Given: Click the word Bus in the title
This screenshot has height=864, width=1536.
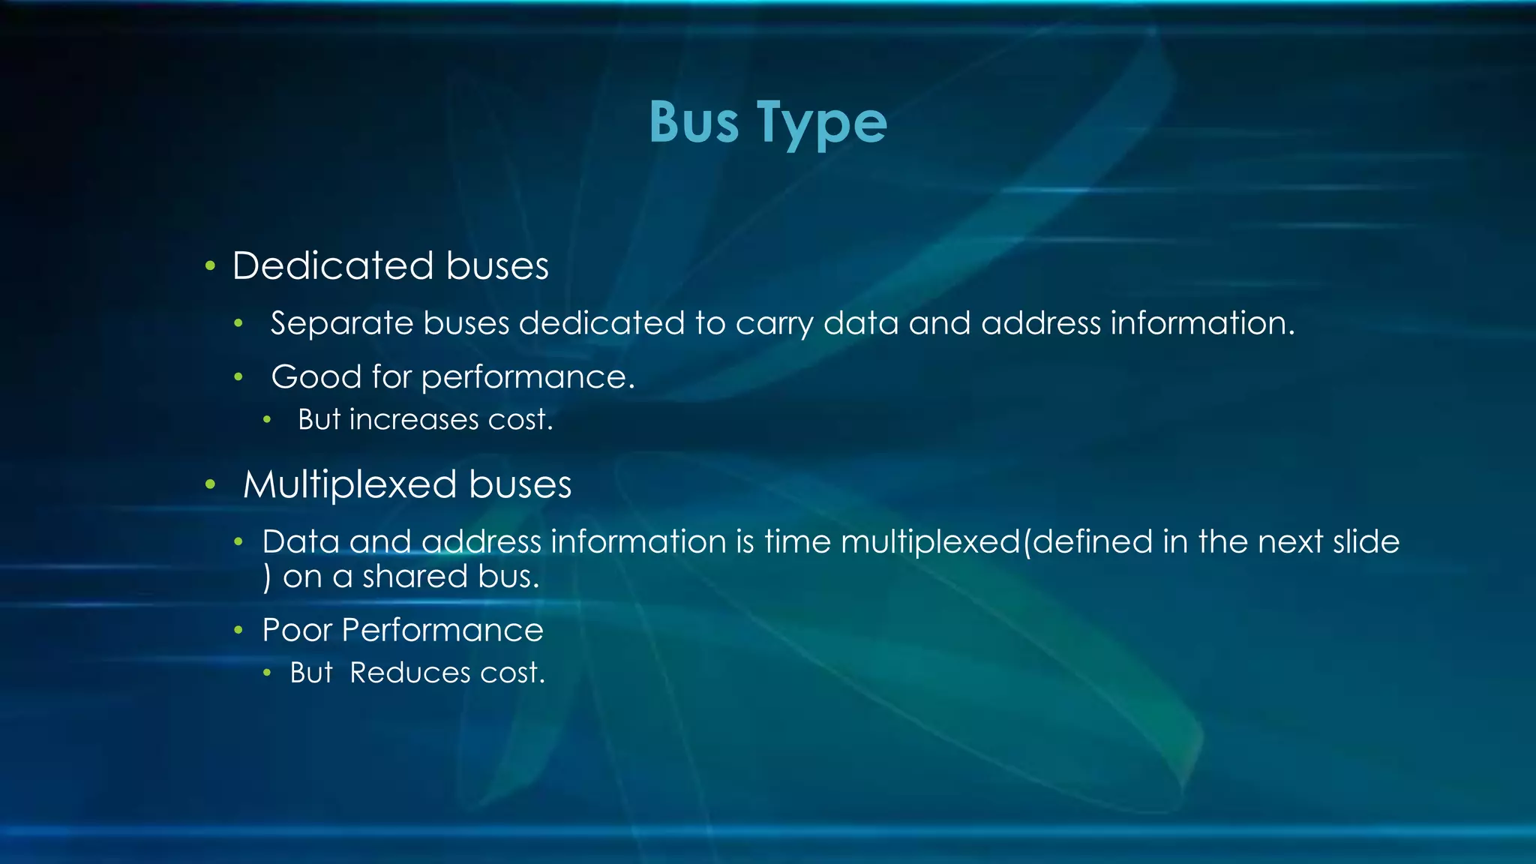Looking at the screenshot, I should (694, 122).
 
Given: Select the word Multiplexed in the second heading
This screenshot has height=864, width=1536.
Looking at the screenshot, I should (349, 484).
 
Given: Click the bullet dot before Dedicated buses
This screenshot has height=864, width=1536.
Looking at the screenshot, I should (211, 266).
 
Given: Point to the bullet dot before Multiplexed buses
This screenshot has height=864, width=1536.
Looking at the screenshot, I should (211, 485).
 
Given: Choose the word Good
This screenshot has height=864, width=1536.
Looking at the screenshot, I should (316, 376).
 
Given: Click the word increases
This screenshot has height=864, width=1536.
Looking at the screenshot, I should (414, 420).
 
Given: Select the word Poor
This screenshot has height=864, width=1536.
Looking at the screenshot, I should (297, 630).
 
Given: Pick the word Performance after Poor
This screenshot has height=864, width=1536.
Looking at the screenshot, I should (442, 630).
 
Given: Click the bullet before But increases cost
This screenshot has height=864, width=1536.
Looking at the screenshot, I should (267, 420).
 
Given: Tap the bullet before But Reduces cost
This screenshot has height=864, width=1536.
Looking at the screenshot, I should (267, 673).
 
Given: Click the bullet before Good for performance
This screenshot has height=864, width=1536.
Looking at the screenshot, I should (238, 377).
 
